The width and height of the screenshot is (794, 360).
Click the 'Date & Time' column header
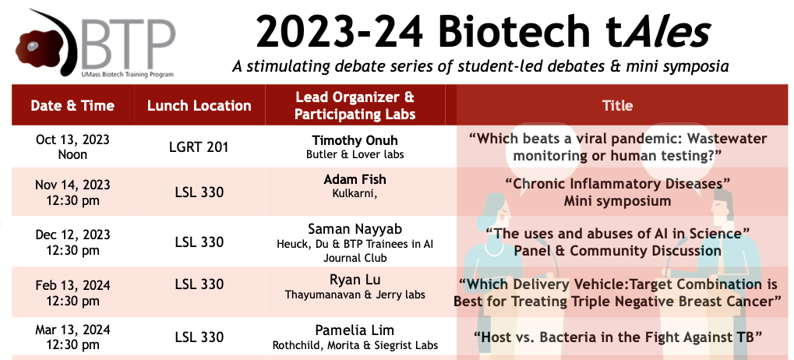(72, 105)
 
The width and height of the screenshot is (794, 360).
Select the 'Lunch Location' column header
(199, 105)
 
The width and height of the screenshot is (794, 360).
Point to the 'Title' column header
(617, 105)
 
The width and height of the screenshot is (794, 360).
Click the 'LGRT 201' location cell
(199, 147)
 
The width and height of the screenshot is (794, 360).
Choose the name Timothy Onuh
(355, 140)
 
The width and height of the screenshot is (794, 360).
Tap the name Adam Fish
(355, 179)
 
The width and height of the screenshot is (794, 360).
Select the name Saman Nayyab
(355, 228)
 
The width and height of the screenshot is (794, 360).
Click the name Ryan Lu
(355, 280)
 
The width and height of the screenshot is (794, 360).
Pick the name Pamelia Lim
(355, 330)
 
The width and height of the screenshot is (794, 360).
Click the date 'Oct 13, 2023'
(72, 139)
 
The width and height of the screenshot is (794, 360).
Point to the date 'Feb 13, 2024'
(72, 285)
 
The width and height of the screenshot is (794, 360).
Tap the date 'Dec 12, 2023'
(72, 235)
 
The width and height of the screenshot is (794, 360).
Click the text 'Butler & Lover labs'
(355, 154)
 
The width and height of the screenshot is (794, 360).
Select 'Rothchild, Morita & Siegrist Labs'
(355, 346)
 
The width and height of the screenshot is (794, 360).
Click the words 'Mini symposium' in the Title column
(617, 201)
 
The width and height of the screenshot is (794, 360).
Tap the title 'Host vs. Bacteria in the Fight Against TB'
(617, 336)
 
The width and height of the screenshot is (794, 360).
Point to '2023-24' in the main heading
(339, 31)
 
